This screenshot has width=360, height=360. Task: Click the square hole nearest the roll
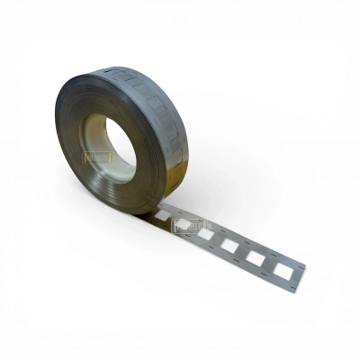(161, 217)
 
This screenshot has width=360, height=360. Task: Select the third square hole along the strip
(206, 235)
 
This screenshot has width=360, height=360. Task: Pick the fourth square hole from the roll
(229, 245)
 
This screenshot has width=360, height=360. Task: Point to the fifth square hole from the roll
(256, 256)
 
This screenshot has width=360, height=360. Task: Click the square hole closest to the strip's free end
(283, 268)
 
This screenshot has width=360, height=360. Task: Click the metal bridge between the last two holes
(269, 262)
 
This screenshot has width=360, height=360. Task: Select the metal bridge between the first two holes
(173, 221)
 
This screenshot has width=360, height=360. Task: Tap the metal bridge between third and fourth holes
(218, 240)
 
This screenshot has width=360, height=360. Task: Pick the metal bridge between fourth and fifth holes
(242, 251)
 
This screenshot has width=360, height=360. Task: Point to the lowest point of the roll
(135, 213)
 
